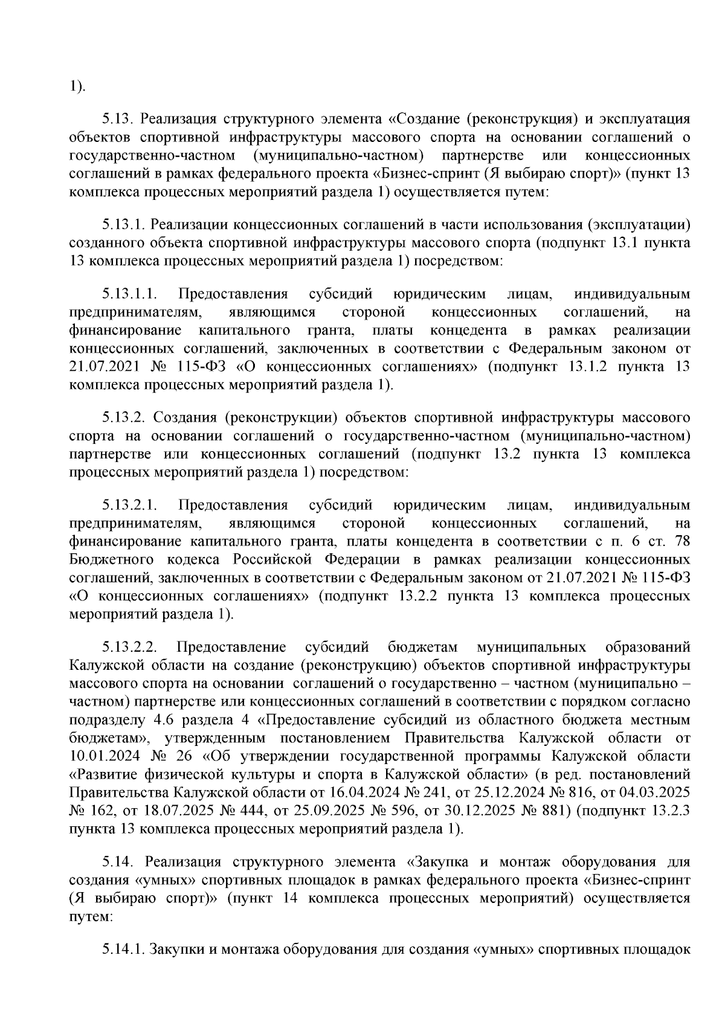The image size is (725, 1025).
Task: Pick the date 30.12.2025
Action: pos(477,811)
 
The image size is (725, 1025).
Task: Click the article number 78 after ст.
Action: pos(681,541)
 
